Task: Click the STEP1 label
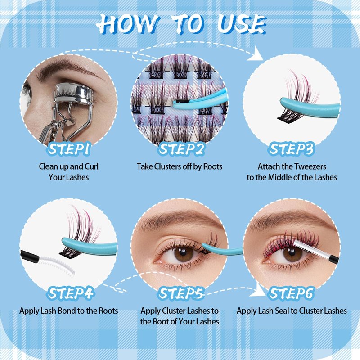pyautogui.click(x=68, y=149)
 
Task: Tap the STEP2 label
pyautogui.click(x=181, y=149)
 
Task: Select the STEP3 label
pyautogui.click(x=291, y=149)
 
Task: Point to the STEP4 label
pyautogui.click(x=70, y=293)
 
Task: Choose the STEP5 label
pyautogui.click(x=181, y=293)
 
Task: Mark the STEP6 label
pyautogui.click(x=291, y=293)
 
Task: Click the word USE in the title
pyautogui.click(x=242, y=24)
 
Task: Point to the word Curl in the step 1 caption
pyautogui.click(x=92, y=166)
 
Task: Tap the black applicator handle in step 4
pyautogui.click(x=30, y=256)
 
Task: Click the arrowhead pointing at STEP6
pyautogui.click(x=258, y=290)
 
